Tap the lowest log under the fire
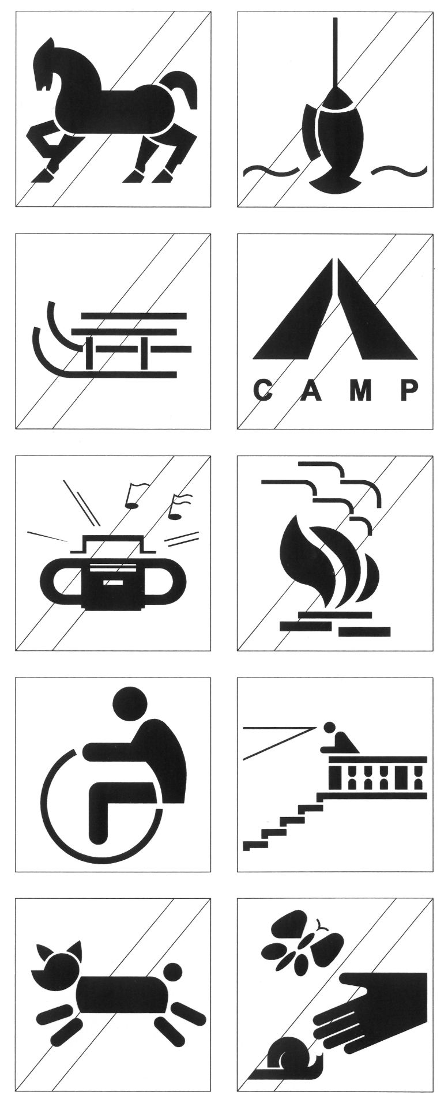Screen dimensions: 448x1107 (364, 632)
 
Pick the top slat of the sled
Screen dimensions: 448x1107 (135, 316)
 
